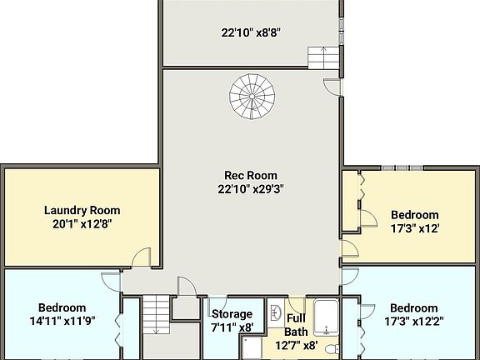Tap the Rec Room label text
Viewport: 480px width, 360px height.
pyautogui.click(x=251, y=175)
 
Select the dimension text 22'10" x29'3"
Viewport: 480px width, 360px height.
pyautogui.click(x=251, y=189)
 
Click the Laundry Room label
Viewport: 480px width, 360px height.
pyautogui.click(x=82, y=210)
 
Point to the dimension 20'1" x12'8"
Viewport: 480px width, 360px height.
pyautogui.click(x=82, y=224)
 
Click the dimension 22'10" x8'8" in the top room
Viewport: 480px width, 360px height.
pyautogui.click(x=251, y=34)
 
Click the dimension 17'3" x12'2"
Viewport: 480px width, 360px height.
pyautogui.click(x=414, y=321)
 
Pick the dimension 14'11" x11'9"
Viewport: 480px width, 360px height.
pyautogui.click(x=62, y=321)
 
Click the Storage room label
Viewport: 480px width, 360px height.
pyautogui.click(x=232, y=314)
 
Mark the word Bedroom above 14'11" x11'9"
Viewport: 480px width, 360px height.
pyautogui.click(x=62, y=307)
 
